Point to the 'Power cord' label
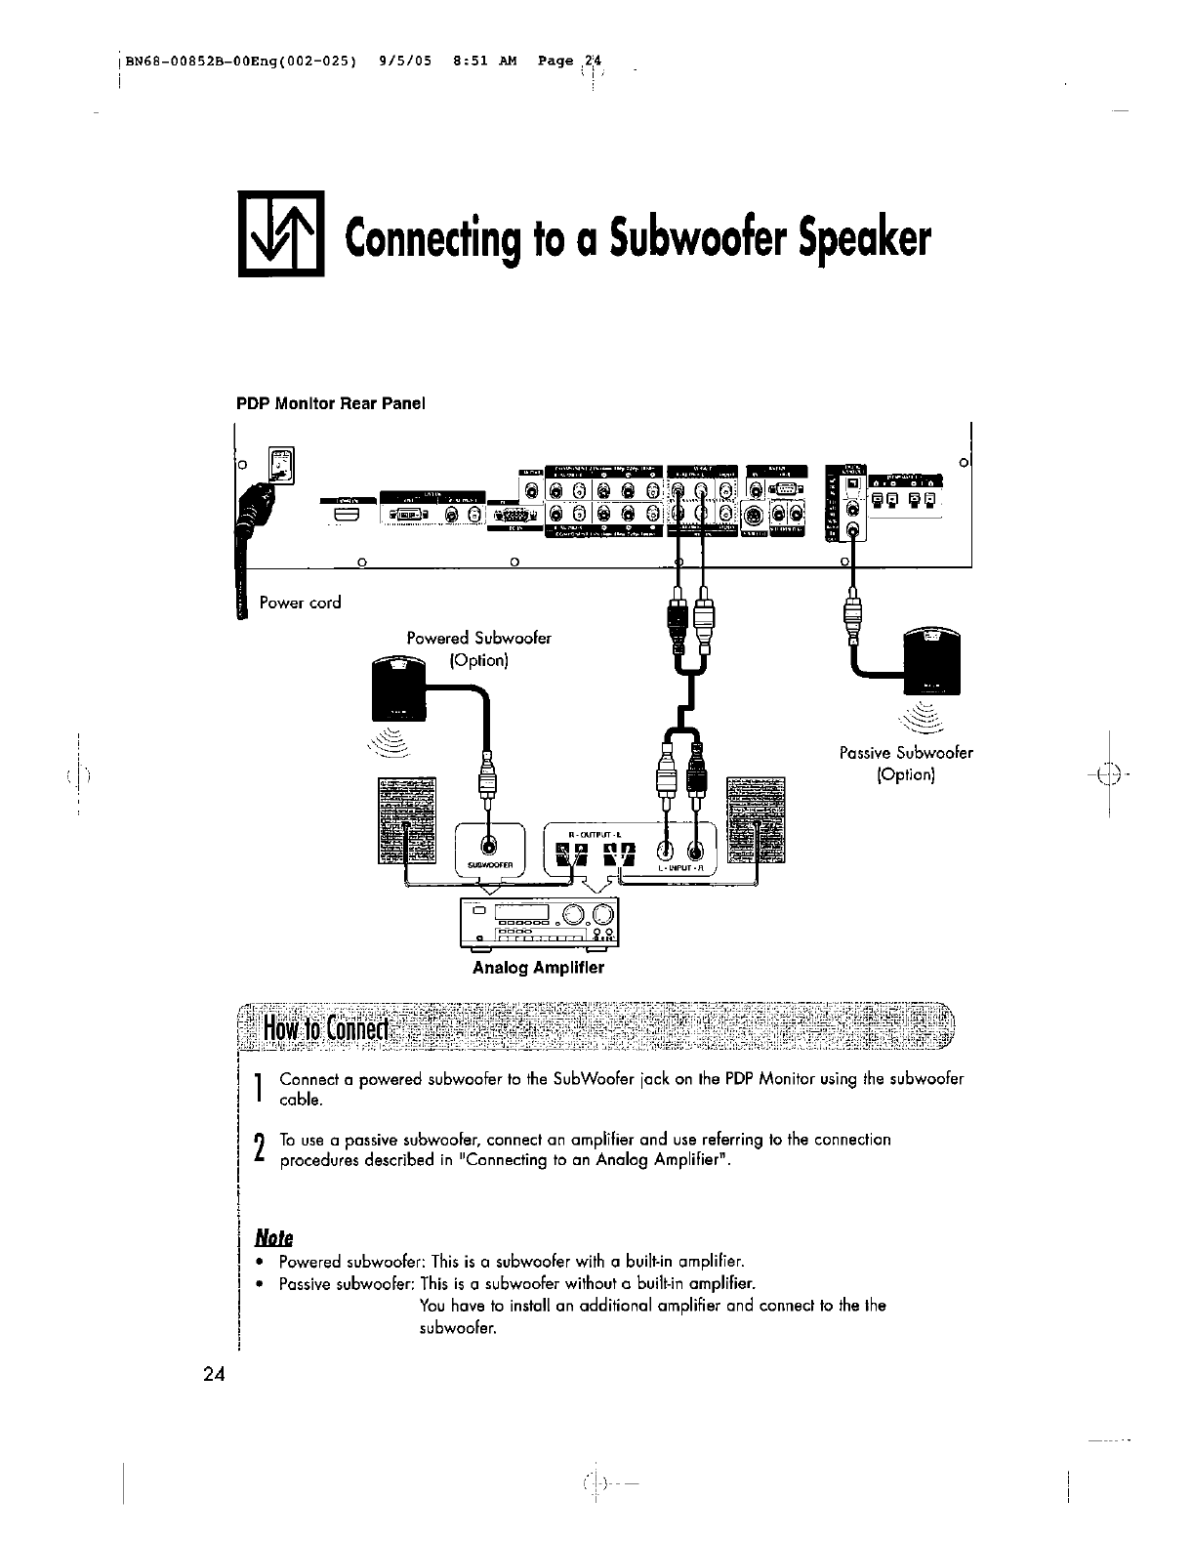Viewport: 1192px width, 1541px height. (x=301, y=603)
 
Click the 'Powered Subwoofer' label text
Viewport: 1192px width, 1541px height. (x=478, y=639)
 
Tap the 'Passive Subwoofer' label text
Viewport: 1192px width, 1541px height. (x=906, y=753)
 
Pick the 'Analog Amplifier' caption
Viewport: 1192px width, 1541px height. (x=538, y=968)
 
